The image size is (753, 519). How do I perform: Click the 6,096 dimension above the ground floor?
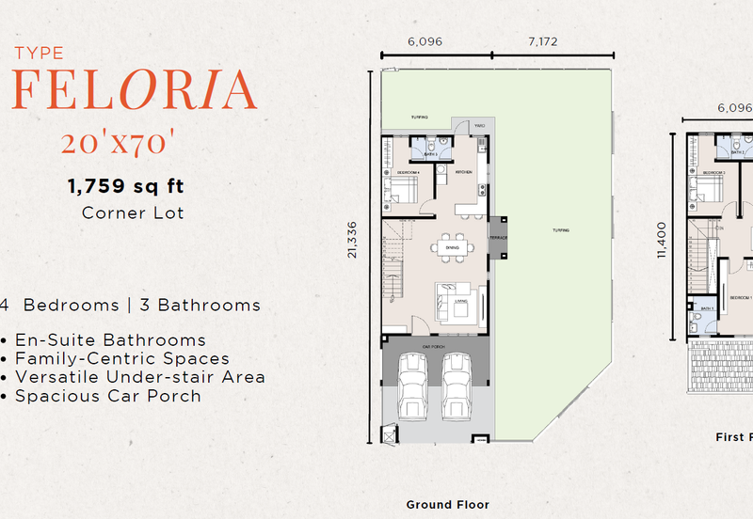tap(425, 41)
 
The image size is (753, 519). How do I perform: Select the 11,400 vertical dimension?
tap(662, 239)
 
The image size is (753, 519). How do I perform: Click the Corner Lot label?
tap(133, 212)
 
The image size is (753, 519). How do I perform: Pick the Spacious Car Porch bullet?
tap(107, 396)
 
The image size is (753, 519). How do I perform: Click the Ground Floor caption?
tap(447, 505)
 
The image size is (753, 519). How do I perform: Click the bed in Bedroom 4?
tap(400, 192)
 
